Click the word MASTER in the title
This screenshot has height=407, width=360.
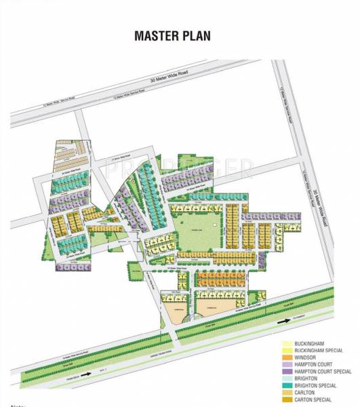click(x=156, y=35)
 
